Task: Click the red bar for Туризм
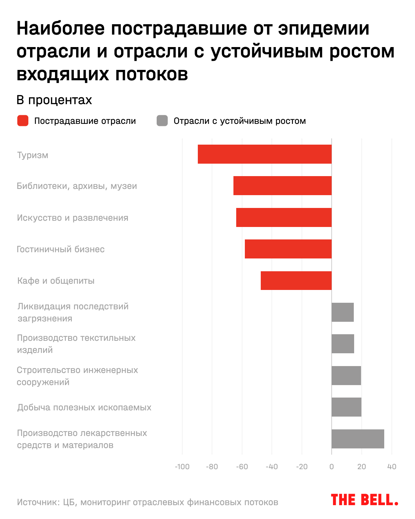[265, 154]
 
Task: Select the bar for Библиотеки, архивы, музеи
[282, 186]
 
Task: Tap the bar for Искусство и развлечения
[284, 217]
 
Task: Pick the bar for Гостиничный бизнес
[288, 249]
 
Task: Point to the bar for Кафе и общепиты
[296, 281]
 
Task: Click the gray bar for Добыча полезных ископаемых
[346, 407]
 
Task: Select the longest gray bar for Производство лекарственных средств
[358, 439]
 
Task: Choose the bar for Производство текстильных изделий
[343, 344]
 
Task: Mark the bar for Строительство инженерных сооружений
[346, 375]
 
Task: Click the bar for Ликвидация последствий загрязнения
[342, 312]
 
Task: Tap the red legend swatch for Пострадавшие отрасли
[23, 121]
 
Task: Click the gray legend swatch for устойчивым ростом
[162, 121]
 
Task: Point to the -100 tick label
[182, 467]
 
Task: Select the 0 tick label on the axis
[332, 467]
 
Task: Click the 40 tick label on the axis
[391, 467]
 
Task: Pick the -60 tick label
[242, 467]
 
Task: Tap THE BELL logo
[364, 500]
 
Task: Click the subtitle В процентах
[54, 100]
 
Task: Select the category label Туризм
[33, 155]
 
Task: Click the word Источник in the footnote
[37, 502]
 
